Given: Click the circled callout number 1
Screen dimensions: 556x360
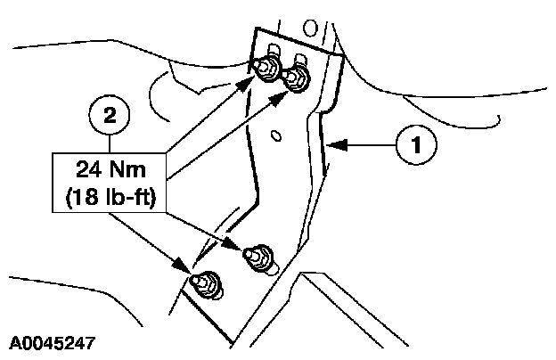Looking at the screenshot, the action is pos(415,145).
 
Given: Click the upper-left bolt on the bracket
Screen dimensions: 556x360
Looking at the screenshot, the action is pos(266,70).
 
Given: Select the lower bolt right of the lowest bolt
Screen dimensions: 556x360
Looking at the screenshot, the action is pos(261,255).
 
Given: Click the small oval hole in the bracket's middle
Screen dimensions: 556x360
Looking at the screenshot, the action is pos(276,135).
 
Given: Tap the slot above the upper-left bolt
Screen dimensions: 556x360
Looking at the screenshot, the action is pos(272,50).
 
